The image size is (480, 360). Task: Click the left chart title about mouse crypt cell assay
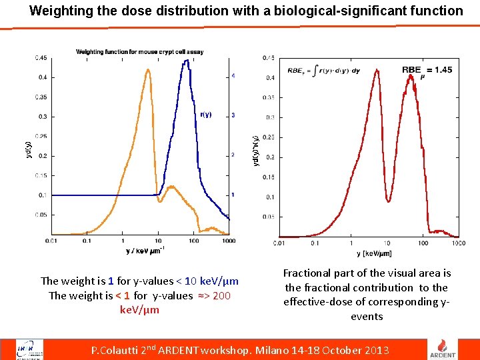[139, 51]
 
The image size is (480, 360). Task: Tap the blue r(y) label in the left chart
[205, 115]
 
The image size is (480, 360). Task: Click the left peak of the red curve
[377, 71]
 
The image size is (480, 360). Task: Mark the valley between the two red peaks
[389, 199]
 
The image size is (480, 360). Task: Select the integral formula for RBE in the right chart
[323, 71]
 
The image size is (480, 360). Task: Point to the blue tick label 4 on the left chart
[233, 76]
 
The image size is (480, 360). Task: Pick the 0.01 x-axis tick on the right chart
[279, 243]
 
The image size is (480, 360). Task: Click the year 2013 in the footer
[377, 350]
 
